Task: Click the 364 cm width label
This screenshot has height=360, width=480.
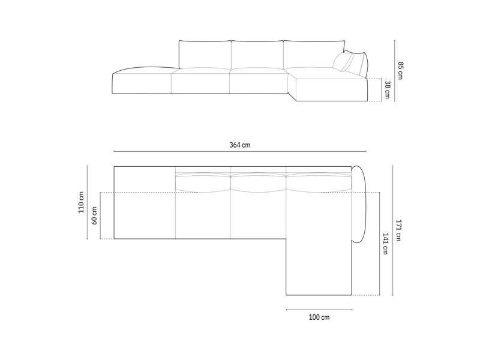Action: (x=240, y=145)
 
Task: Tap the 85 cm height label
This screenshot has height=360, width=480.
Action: (x=401, y=71)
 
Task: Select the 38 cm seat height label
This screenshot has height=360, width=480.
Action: (x=387, y=89)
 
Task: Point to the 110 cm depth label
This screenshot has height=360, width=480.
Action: (x=81, y=202)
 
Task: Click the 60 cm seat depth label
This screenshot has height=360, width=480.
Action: (x=94, y=215)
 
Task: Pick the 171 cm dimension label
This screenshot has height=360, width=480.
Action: (x=398, y=230)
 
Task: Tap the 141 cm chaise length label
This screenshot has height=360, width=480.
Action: (x=385, y=244)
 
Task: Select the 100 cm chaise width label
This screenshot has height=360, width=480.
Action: (x=319, y=317)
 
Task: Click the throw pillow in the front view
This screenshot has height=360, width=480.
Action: (x=343, y=62)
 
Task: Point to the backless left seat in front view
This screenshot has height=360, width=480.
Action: (x=142, y=80)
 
